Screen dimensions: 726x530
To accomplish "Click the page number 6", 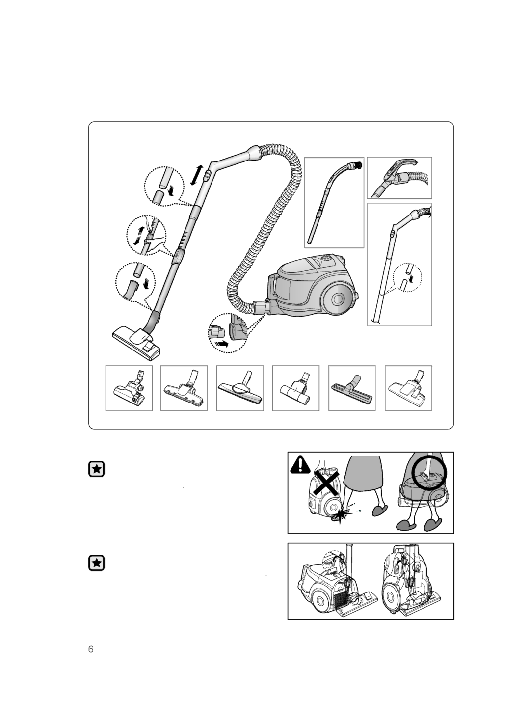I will pyautogui.click(x=91, y=649).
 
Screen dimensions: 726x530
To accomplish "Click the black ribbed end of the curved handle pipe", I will pyautogui.click(x=358, y=164).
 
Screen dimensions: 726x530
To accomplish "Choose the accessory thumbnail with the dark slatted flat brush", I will pyautogui.click(x=351, y=388).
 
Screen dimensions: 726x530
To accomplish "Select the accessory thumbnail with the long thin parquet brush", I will pyautogui.click(x=240, y=388).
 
